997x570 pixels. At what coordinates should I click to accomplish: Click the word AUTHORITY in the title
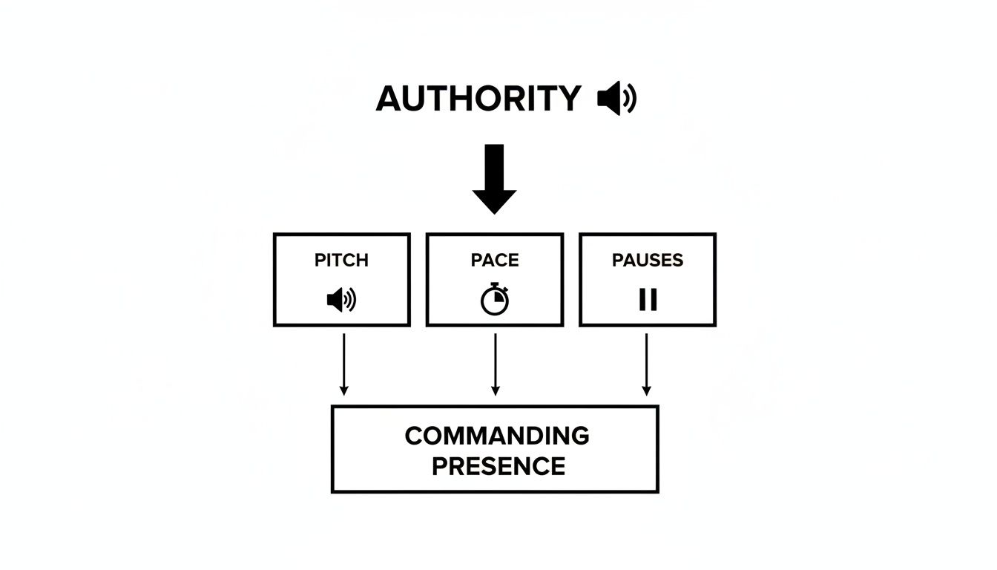click(478, 99)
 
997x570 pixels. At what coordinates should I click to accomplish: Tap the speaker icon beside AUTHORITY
click(616, 99)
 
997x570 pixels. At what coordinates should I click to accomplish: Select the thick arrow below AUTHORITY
click(495, 178)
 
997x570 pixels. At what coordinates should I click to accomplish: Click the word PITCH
click(341, 261)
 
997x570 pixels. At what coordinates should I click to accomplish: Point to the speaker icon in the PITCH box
click(341, 300)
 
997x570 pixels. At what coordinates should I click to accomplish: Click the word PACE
click(495, 261)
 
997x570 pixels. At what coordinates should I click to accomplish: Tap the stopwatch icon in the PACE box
click(495, 300)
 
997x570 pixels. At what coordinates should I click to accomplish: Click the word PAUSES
click(648, 261)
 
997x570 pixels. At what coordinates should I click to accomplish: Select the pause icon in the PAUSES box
click(648, 299)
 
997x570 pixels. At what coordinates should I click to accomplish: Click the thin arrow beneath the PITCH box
click(343, 364)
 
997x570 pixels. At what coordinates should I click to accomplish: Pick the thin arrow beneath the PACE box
click(496, 364)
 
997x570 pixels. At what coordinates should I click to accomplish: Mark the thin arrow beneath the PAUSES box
click(647, 364)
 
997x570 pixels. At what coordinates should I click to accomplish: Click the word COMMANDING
click(496, 436)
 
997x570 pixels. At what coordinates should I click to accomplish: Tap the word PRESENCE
click(498, 466)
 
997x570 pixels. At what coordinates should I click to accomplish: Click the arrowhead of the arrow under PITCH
click(343, 390)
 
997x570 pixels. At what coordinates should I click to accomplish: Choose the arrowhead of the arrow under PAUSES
click(647, 390)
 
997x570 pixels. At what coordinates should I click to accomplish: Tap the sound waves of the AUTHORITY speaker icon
click(629, 99)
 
